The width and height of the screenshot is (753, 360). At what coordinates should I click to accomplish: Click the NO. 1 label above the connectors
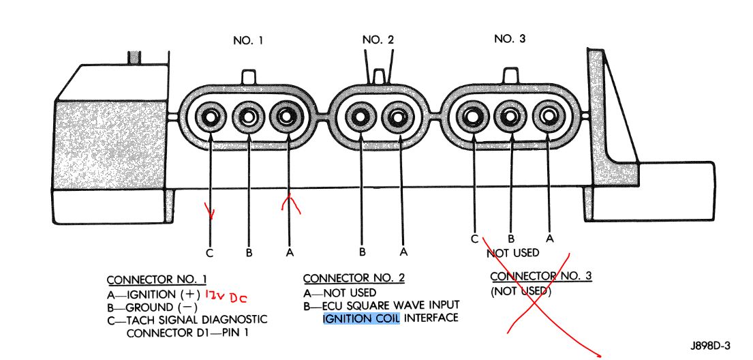point(249,41)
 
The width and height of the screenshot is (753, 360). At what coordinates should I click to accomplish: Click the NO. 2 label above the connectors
point(378,40)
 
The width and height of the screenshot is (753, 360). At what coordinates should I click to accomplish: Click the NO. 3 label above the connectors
point(510,39)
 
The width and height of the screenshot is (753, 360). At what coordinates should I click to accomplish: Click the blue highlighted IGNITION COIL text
point(361,318)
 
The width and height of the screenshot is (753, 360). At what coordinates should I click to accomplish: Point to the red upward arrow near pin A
point(291,202)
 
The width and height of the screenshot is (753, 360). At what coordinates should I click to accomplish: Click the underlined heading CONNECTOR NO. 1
point(157,280)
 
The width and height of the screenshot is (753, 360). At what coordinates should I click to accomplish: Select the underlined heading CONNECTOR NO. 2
point(354,279)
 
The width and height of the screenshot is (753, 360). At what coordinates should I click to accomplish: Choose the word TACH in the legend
point(141,320)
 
